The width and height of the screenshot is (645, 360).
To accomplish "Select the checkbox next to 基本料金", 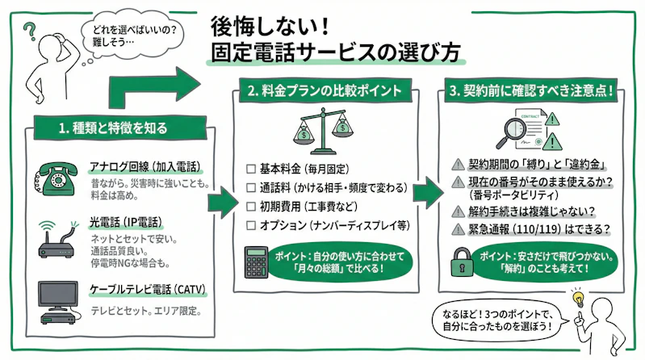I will [250, 170].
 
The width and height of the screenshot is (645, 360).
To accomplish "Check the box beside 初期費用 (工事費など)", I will [250, 207].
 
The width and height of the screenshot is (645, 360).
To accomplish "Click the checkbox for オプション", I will [250, 225].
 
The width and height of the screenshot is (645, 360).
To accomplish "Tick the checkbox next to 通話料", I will [250, 189].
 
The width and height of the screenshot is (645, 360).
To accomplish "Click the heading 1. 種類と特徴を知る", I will [112, 128].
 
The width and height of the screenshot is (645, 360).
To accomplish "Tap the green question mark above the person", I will [31, 30].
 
